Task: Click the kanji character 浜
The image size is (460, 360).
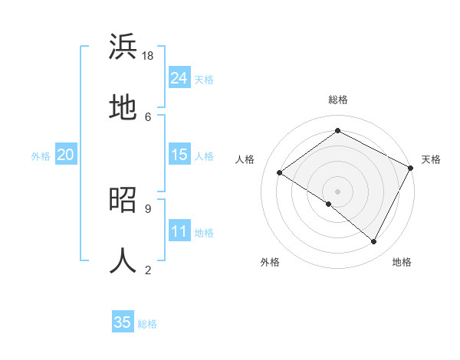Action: (x=123, y=47)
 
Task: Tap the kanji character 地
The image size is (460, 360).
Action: (x=123, y=107)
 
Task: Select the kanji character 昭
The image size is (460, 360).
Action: (x=123, y=200)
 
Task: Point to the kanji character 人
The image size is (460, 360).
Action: (x=123, y=260)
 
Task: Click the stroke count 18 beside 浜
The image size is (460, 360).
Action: (x=149, y=56)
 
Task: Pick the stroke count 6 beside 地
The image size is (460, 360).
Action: (x=147, y=116)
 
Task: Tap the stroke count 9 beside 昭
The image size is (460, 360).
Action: (x=147, y=208)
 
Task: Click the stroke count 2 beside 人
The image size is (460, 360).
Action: (x=147, y=270)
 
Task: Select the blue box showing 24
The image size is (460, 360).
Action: (x=179, y=78)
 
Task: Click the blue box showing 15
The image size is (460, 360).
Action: (x=179, y=155)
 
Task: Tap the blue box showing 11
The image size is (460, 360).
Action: (x=179, y=231)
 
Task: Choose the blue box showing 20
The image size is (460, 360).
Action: (x=66, y=155)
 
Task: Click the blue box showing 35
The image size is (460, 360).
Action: (x=123, y=322)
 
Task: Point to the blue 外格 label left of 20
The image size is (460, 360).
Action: (x=41, y=155)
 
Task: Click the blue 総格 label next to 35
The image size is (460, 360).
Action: (x=147, y=323)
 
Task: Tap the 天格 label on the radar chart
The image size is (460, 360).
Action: (x=431, y=159)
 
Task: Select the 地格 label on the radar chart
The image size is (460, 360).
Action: (x=402, y=262)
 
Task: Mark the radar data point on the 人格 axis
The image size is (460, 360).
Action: (x=280, y=173)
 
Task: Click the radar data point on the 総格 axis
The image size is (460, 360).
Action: (x=337, y=130)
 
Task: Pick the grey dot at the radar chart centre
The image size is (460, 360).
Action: (x=337, y=191)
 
